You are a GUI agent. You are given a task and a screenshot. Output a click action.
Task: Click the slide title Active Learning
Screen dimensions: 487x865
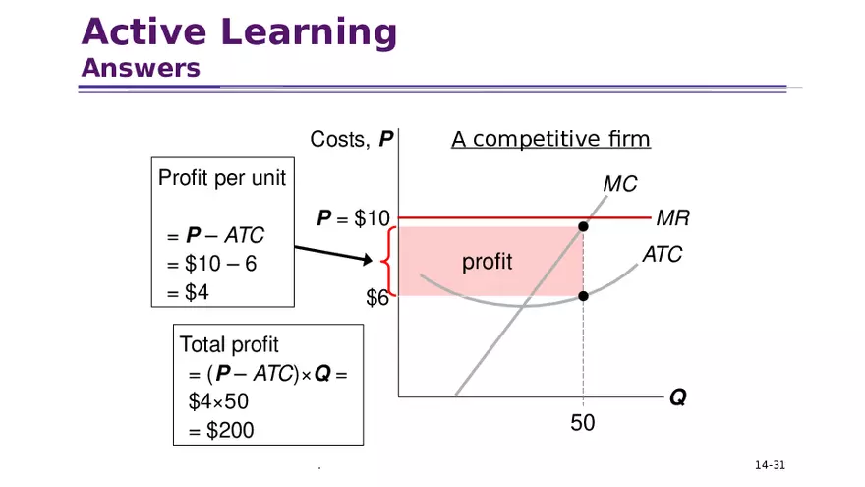point(239,32)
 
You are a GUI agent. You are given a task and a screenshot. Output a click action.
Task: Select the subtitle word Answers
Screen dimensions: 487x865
point(141,69)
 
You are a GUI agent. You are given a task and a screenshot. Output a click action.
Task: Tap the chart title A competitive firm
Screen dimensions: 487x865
point(550,140)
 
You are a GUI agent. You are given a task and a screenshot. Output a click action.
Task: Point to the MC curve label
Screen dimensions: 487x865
point(619,184)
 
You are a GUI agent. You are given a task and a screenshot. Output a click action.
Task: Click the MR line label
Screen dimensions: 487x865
point(672,218)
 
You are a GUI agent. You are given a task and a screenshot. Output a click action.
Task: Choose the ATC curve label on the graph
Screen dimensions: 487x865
point(662,255)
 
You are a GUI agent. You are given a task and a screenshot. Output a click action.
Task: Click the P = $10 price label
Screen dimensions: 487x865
point(354,218)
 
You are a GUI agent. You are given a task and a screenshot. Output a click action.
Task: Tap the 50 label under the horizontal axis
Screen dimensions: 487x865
point(583,423)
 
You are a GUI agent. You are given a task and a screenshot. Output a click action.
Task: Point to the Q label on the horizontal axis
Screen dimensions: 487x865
point(678,398)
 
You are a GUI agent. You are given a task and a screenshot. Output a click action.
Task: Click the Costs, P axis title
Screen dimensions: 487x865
point(352,140)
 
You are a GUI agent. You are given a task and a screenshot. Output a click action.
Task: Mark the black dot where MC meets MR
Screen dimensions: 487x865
point(583,227)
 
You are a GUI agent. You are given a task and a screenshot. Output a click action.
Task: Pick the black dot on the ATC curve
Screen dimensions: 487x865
point(583,296)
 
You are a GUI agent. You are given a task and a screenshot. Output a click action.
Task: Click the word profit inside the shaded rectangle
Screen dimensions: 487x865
point(488,262)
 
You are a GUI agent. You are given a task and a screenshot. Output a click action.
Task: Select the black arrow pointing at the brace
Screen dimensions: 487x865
point(334,254)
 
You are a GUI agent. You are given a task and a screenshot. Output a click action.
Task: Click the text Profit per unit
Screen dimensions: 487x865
point(221,179)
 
